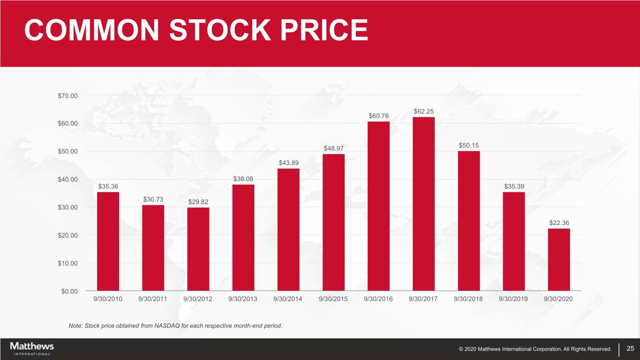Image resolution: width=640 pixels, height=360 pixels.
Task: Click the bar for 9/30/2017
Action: tap(423, 204)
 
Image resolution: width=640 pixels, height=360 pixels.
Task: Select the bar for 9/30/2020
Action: tap(559, 259)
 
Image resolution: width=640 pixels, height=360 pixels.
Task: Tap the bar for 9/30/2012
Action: tap(198, 249)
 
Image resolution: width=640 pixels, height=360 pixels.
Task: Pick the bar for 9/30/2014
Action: tap(288, 229)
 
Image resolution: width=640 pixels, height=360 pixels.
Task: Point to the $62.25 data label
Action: tap(424, 111)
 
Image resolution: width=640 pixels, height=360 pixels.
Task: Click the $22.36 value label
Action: tap(559, 223)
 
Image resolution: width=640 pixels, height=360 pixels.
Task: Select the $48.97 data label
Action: tap(333, 149)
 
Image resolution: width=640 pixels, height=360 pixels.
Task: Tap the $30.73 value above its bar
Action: tap(153, 199)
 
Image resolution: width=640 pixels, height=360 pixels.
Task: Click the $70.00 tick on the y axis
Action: tap(68, 96)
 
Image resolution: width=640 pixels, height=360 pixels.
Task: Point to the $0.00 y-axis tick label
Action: tap(70, 291)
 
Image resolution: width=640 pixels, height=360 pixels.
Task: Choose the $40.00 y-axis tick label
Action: tap(68, 179)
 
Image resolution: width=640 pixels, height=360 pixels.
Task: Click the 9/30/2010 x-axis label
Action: tap(108, 299)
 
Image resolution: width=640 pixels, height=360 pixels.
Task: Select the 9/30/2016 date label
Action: tap(378, 299)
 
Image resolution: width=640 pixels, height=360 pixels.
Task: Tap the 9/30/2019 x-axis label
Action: tap(513, 299)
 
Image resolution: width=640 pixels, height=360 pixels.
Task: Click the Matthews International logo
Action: tap(32, 348)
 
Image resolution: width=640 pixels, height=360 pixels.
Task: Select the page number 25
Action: tap(630, 348)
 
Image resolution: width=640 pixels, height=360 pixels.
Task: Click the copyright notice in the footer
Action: tap(535, 349)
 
